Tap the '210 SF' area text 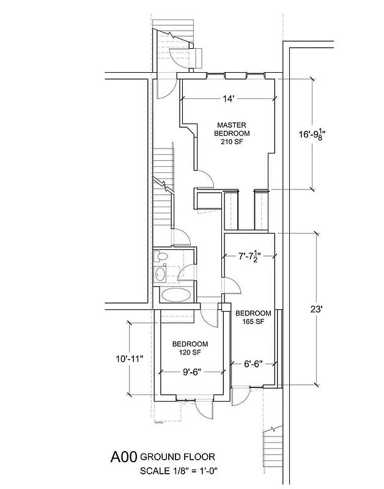(x=232, y=142)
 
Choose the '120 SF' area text (x=190, y=352)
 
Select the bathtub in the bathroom (x=175, y=296)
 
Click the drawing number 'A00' (x=124, y=457)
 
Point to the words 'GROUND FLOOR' (x=178, y=457)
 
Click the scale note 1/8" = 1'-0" (x=178, y=471)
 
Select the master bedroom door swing (x=205, y=178)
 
